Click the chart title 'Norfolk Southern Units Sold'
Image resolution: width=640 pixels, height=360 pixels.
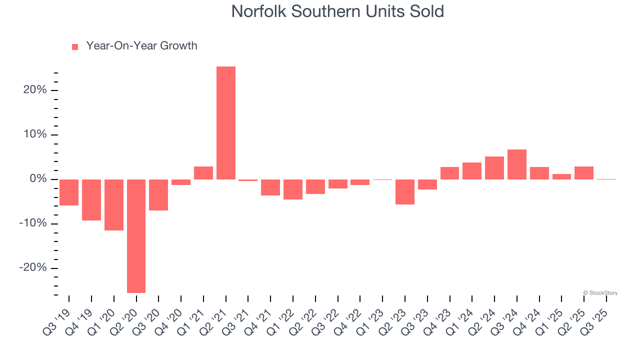pos(337,11)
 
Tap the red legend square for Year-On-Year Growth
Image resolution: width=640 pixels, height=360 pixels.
pos(75,47)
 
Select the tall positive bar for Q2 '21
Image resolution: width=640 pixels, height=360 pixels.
pos(226,122)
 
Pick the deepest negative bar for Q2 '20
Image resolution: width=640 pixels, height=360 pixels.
pos(136,236)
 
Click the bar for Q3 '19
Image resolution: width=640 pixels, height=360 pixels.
pos(69,192)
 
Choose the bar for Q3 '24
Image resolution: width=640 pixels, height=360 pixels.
pos(516,164)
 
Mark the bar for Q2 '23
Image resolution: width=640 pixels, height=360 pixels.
pos(405,192)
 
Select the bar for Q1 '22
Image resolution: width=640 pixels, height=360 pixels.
pos(293,189)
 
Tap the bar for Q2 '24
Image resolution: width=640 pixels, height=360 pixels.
pos(494,168)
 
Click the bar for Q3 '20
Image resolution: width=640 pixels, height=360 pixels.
pos(158,195)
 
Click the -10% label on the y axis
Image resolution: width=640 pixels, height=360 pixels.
pos(33,223)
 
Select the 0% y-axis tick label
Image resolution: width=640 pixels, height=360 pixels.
pos(38,179)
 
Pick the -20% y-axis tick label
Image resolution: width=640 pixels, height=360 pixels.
pos(33,268)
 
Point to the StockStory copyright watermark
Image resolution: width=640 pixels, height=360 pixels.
pos(600,293)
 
